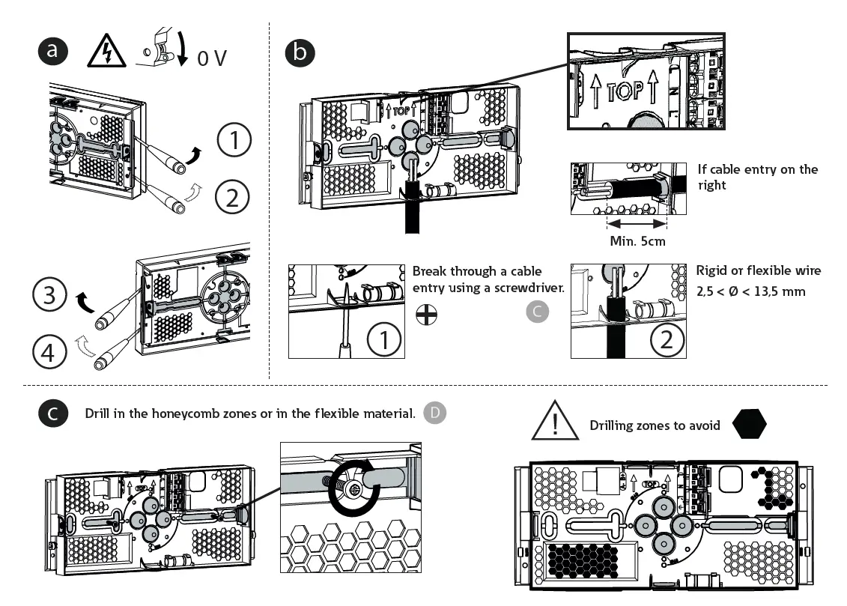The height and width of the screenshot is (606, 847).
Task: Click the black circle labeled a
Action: [x=52, y=51]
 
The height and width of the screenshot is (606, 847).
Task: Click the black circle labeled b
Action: [x=300, y=51]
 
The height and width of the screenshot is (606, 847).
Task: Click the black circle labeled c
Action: [x=52, y=413]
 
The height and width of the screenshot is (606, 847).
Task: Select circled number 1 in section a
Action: [x=235, y=142]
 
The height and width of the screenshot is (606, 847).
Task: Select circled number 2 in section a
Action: [x=233, y=197]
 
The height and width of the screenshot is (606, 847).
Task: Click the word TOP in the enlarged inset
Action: [x=625, y=91]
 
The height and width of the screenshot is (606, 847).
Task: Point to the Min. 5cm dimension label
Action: [x=637, y=241]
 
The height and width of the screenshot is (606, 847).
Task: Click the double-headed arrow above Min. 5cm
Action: [x=636, y=223]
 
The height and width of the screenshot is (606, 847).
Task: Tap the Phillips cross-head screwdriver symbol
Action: [x=426, y=316]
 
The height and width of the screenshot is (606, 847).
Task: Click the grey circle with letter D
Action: [x=434, y=413]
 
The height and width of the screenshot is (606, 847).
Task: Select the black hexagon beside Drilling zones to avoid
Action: [x=750, y=425]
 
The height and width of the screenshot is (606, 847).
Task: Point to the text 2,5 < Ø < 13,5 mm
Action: [x=750, y=291]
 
